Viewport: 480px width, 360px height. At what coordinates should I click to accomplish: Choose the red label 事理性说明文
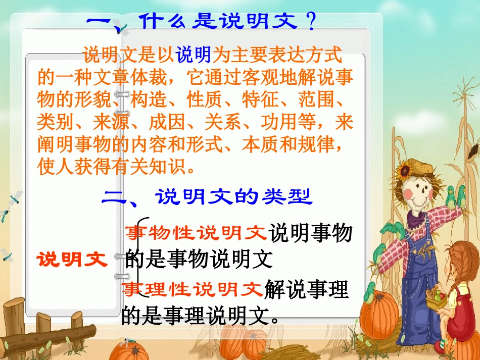coord(193,290)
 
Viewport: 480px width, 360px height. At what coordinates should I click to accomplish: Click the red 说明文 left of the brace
coord(72,260)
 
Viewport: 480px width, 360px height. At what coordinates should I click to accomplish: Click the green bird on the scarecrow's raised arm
coord(451,194)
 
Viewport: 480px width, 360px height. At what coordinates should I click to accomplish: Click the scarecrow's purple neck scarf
coord(417,219)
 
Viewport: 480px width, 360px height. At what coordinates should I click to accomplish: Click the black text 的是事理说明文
coord(201,316)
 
